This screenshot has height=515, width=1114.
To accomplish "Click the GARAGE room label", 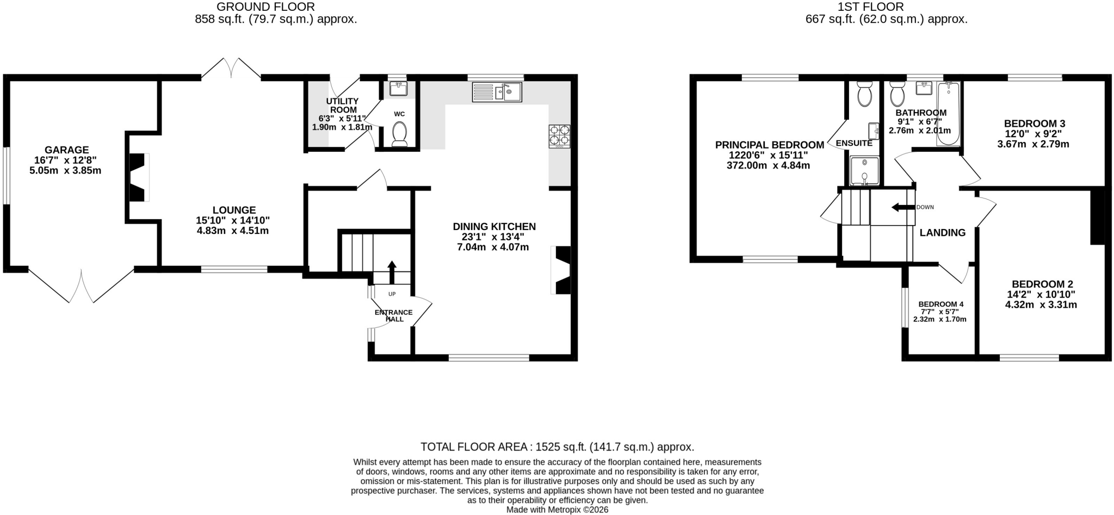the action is [66, 150].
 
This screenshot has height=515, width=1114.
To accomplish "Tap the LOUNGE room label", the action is [234, 210].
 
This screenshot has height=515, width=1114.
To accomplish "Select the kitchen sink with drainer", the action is [497, 92].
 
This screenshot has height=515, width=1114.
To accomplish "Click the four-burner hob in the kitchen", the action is [559, 136].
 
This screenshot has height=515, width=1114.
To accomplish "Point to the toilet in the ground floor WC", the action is [400, 134].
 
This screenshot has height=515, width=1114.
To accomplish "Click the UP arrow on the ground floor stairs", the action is [392, 272].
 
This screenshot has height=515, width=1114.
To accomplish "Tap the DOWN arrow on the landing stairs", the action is [902, 207].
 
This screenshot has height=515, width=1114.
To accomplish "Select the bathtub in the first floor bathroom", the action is [949, 114].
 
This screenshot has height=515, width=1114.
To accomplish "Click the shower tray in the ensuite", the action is [864, 171].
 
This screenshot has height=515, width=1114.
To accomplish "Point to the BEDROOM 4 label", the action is [941, 304].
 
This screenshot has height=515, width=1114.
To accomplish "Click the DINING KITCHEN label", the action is [494, 226].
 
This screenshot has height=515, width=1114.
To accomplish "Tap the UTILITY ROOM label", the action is [342, 106].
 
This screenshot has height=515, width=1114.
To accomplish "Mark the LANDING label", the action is [943, 233].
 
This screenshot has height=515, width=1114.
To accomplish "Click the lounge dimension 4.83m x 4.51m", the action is [233, 231].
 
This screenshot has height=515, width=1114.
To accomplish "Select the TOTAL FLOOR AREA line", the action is [557, 447].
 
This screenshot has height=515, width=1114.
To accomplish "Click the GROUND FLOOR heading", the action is [265, 7].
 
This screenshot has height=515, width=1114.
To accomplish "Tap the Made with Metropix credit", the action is [557, 510].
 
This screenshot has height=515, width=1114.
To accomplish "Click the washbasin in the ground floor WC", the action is [399, 89].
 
